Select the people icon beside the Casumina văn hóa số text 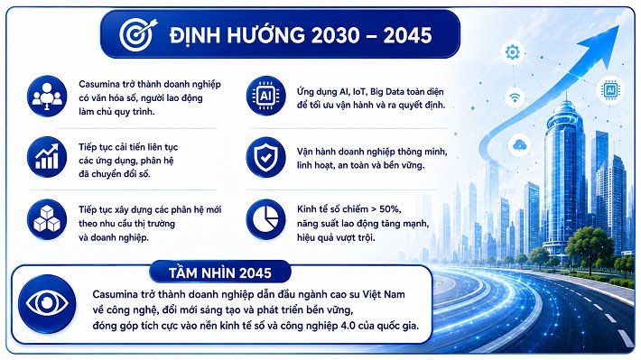(x=47, y=96)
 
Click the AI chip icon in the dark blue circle (x=265, y=96)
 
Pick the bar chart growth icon (x=47, y=157)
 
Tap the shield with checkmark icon (x=265, y=157)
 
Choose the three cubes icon (x=47, y=219)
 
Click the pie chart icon (x=265, y=219)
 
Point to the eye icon (x=48, y=304)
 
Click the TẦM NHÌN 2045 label (x=220, y=273)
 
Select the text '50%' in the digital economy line (x=390, y=209)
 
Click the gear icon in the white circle (x=512, y=52)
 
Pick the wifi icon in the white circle (x=515, y=97)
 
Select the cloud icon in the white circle (x=520, y=145)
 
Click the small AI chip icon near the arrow (x=610, y=90)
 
